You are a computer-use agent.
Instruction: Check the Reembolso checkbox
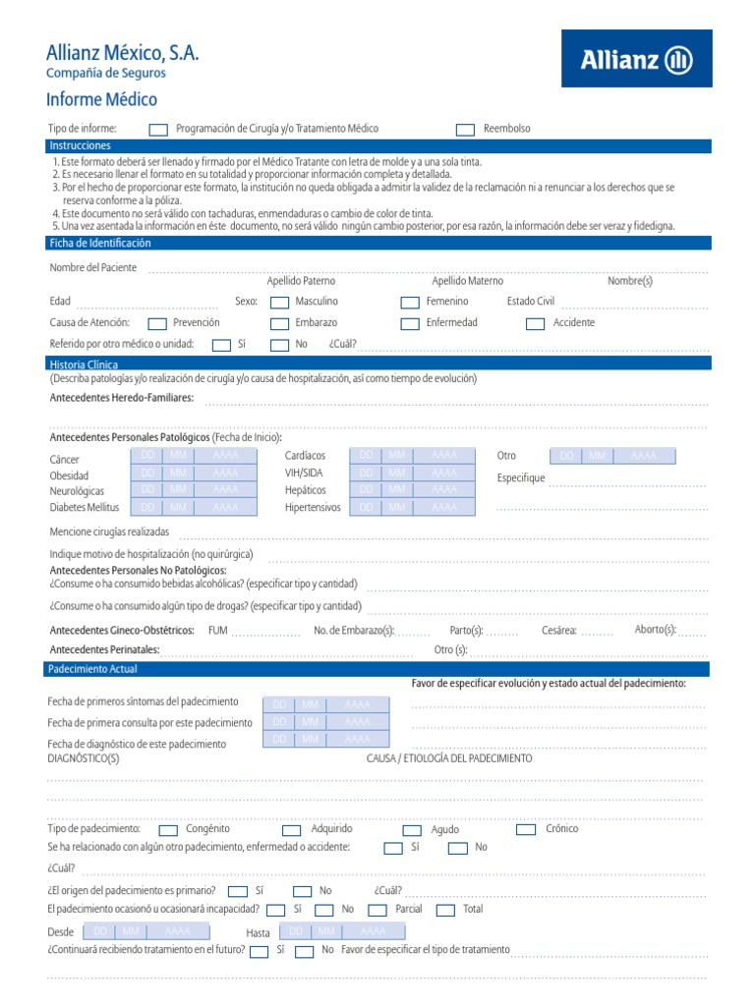coord(465,130)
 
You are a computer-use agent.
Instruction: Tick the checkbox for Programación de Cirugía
coord(158,130)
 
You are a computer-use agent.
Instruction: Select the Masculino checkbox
coord(280,303)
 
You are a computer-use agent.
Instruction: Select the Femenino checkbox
coord(410,303)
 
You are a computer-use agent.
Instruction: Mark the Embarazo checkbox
coord(280,323)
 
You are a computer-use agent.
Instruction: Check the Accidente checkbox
coord(537,323)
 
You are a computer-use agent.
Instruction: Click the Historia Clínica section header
coord(84,364)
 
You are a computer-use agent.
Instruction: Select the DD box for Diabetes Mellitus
coord(147,507)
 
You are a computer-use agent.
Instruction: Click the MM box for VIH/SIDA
coord(396,473)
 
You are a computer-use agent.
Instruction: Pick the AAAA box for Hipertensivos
coord(443,507)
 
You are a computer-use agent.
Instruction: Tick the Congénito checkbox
coord(168,830)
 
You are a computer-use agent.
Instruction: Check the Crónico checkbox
coord(526,830)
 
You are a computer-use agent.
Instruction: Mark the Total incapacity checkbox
coord(445,911)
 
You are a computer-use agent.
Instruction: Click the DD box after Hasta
coord(296,931)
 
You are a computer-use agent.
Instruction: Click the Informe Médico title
coord(102,100)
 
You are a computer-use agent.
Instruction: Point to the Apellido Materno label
coord(467,281)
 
